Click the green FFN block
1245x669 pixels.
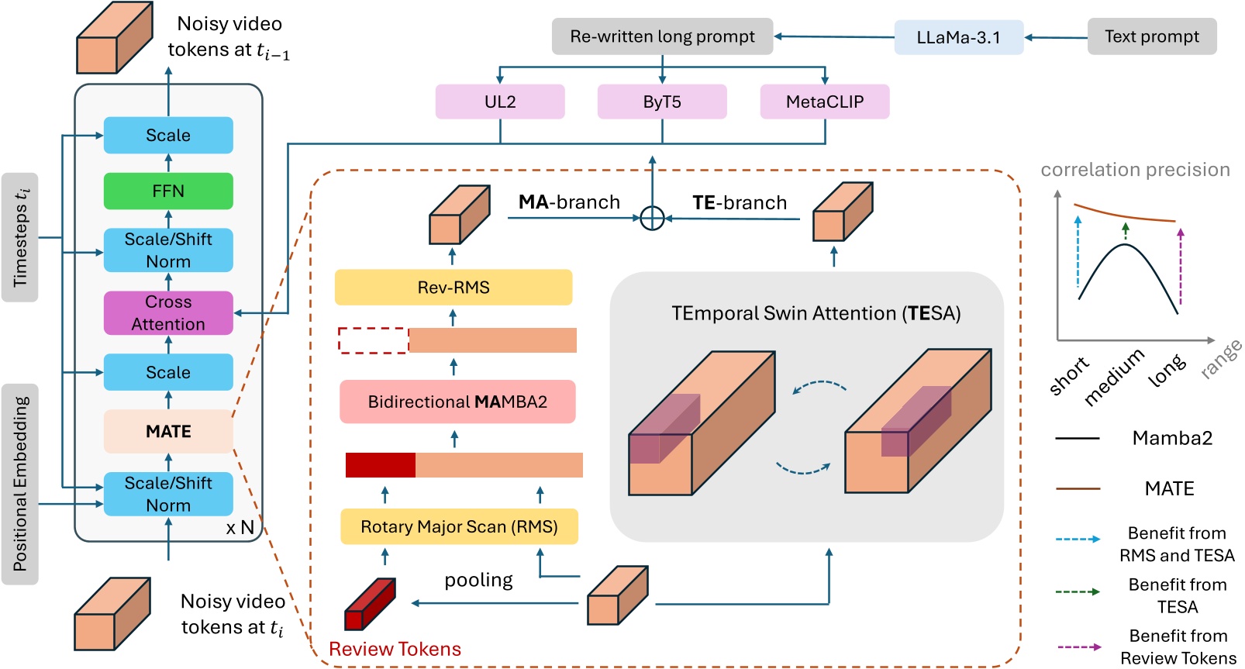tap(168, 191)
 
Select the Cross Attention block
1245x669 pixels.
tap(168, 312)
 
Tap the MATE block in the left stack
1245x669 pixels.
tap(168, 431)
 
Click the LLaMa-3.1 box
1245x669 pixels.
tap(958, 37)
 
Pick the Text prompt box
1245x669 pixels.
tap(1151, 36)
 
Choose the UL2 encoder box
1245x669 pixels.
tap(500, 102)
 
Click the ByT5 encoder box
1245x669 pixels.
tap(662, 102)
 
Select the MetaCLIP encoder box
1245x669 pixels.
tap(824, 102)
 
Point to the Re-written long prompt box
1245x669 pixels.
tap(662, 36)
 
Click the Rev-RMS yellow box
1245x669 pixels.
tap(454, 288)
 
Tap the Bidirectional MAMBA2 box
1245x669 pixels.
tap(457, 402)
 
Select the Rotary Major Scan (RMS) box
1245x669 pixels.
tap(459, 526)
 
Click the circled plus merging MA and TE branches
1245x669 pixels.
tap(653, 219)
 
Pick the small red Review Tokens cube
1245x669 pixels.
tap(369, 604)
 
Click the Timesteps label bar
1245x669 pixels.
tap(20, 237)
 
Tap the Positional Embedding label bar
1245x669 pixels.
tap(20, 484)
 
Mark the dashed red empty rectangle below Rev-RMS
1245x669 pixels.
tap(373, 340)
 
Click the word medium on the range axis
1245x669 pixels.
tap(1114, 378)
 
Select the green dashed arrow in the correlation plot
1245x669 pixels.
tap(1126, 230)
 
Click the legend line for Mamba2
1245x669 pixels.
tap(1078, 438)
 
